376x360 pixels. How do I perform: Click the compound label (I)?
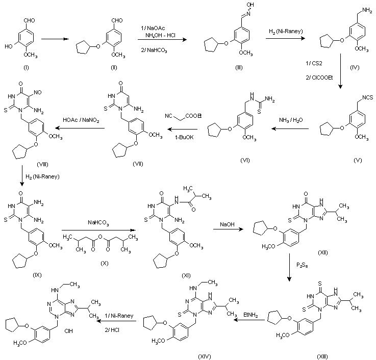[26, 68]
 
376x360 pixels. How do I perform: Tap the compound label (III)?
[239, 68]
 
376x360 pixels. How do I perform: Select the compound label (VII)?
[138, 164]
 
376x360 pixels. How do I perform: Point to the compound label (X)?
[104, 263]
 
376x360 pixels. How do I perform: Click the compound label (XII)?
[322, 252]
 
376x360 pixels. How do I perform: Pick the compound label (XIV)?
[205, 356]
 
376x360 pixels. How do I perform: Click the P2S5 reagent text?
[302, 265]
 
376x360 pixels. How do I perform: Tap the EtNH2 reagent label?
[250, 315]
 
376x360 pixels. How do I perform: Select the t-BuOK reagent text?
[184, 137]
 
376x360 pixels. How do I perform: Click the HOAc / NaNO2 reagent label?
[81, 120]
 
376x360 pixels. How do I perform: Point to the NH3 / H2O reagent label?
[291, 120]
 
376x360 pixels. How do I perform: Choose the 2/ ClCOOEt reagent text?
[319, 78]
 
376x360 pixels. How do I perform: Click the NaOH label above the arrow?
[227, 224]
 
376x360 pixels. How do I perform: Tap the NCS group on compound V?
[368, 97]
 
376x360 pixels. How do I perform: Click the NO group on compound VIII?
[38, 92]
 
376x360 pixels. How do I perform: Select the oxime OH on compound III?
[250, 5]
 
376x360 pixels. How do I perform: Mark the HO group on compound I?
[9, 46]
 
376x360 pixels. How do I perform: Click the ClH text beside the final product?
[68, 331]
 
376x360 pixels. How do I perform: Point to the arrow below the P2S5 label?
[289, 267]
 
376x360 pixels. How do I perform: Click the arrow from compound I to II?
[55, 39]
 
